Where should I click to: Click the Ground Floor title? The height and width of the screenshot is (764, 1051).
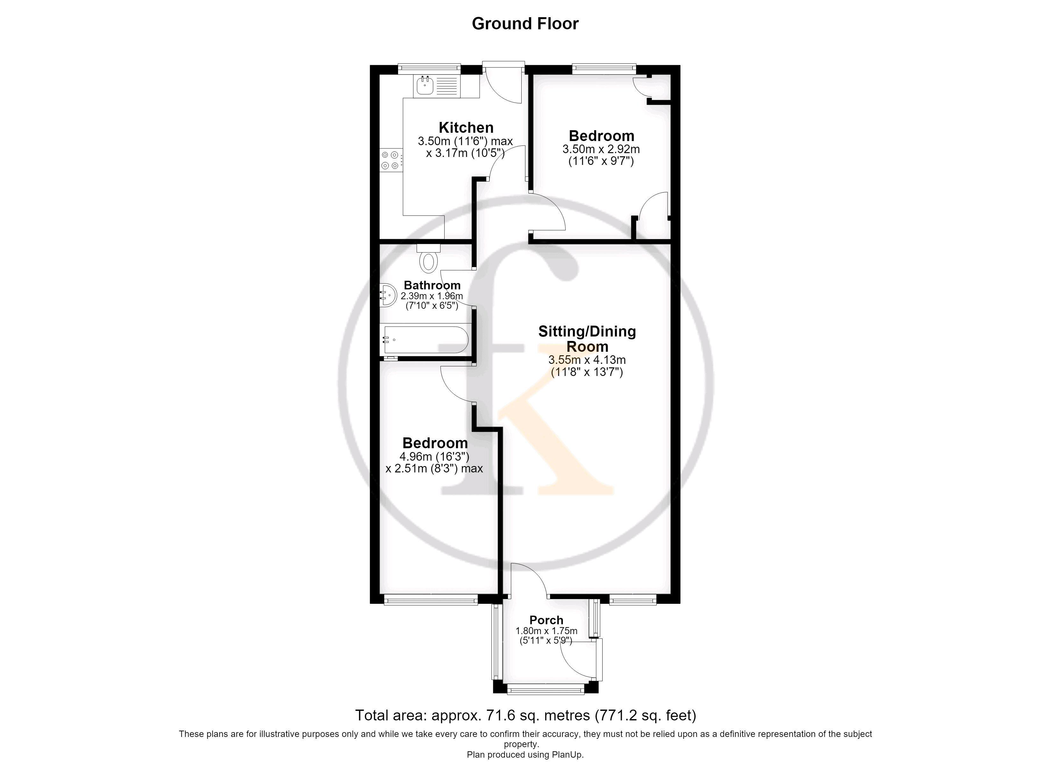click(x=525, y=24)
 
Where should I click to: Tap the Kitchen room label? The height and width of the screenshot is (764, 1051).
click(x=466, y=127)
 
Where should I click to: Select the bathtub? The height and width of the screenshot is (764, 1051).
click(x=425, y=340)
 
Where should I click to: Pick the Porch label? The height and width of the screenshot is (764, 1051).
click(x=546, y=620)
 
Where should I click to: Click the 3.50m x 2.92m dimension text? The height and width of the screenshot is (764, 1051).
click(x=601, y=149)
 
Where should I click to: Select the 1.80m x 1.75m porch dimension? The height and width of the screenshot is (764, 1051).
click(x=546, y=631)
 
